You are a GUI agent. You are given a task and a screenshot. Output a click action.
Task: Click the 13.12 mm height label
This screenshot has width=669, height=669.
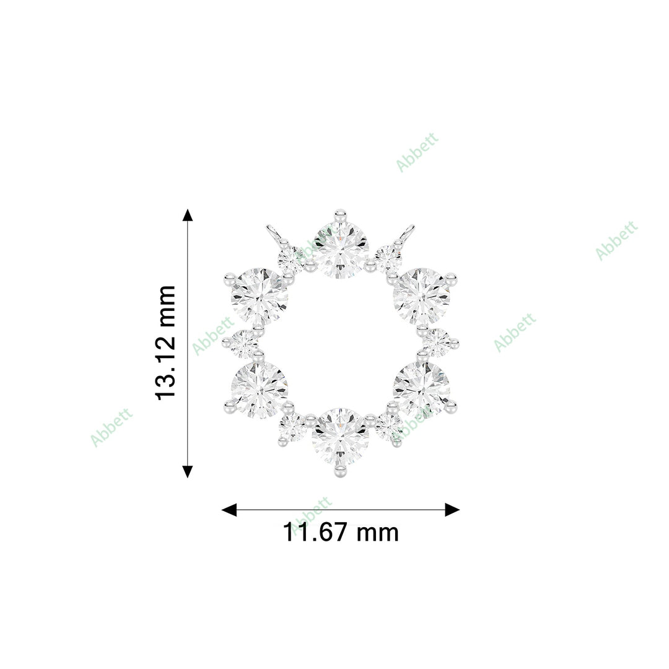click(166, 343)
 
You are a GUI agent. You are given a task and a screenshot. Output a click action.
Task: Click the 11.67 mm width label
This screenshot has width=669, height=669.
click(341, 533)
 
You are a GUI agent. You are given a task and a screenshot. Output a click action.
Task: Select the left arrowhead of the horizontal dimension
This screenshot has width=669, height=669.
click(229, 510)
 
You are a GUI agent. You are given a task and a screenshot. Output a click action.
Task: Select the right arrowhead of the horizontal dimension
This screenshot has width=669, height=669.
click(452, 510)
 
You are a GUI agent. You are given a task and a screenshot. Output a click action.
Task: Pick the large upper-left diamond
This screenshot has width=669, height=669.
click(260, 297)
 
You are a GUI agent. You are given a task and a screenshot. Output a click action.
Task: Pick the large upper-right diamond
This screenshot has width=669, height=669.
click(421, 297)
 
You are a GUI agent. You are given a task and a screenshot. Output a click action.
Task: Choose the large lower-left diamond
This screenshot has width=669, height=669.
click(260, 390)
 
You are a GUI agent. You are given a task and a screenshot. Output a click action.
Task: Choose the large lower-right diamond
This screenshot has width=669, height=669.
click(421, 390)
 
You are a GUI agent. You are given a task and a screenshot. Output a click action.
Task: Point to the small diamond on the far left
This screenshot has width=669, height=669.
click(243, 343)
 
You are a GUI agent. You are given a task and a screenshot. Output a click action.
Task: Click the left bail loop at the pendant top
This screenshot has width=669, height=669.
click(273, 235)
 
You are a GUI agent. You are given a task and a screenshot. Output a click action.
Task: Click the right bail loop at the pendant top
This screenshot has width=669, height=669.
click(407, 234)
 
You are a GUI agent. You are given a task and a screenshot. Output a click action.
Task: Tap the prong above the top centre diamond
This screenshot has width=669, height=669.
click(339, 216)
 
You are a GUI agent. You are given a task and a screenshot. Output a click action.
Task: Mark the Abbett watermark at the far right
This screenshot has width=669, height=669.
click(616, 240)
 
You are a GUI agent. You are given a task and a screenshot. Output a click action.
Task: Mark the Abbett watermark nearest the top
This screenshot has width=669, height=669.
click(417, 151)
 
